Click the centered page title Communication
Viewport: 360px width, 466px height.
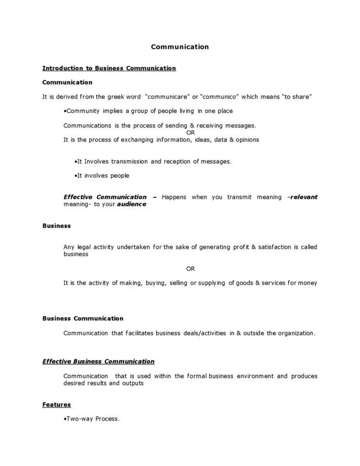pyautogui.click(x=179, y=47)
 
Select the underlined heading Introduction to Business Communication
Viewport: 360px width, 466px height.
pyautogui.click(x=109, y=68)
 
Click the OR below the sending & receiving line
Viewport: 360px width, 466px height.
pyautogui.click(x=190, y=133)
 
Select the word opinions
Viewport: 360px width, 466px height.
pyautogui.click(x=246, y=140)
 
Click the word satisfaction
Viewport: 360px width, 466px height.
pyautogui.click(x=257, y=247)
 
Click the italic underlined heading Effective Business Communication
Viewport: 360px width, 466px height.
pyautogui.click(x=98, y=361)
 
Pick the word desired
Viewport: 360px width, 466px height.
pyautogui.click(x=75, y=383)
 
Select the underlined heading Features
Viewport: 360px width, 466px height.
pyautogui.click(x=57, y=404)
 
